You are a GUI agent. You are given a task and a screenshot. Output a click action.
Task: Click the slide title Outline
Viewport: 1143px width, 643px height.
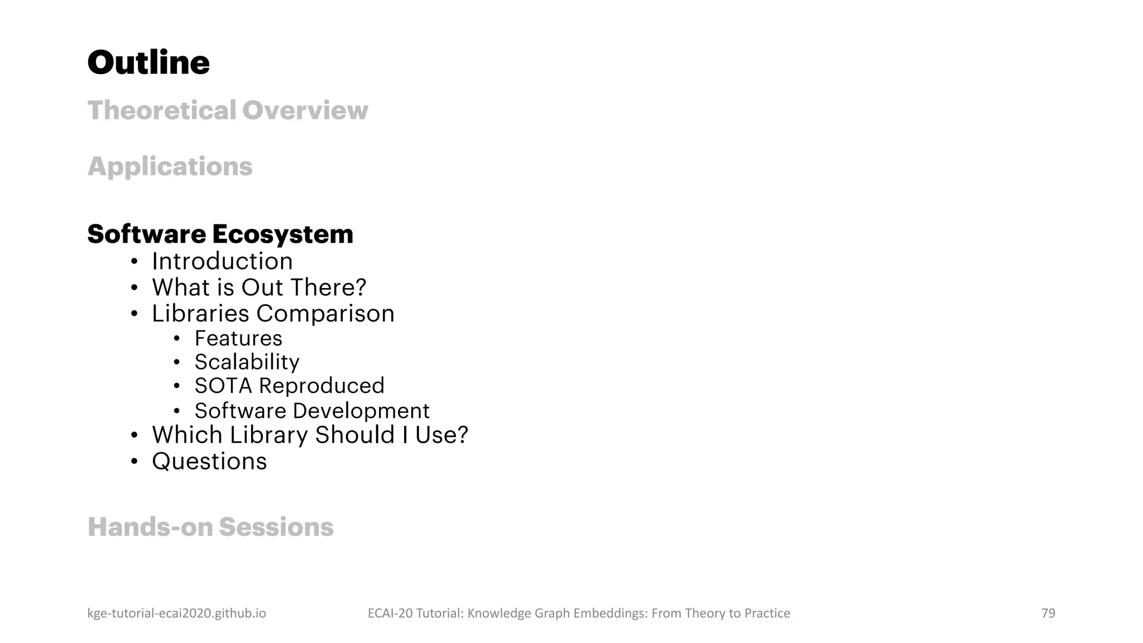148,63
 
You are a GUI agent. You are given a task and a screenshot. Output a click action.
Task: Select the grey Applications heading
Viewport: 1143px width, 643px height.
170,166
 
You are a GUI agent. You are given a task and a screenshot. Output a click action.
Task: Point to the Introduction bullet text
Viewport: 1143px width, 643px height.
222,261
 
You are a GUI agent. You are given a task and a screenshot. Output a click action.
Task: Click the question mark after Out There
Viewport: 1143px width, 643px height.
361,287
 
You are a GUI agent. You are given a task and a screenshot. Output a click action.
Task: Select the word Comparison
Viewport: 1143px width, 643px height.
325,314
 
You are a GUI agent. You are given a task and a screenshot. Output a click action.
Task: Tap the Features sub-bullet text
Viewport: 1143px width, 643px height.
238,338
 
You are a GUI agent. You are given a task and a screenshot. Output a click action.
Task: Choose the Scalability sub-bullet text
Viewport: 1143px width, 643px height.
247,362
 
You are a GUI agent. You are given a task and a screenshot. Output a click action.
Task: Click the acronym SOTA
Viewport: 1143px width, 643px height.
223,386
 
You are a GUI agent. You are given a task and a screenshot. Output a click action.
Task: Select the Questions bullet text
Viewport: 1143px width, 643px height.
209,462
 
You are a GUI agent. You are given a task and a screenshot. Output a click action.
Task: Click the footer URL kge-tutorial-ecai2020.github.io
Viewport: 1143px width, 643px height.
176,613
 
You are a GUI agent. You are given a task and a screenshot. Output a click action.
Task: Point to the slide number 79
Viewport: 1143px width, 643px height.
1048,613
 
